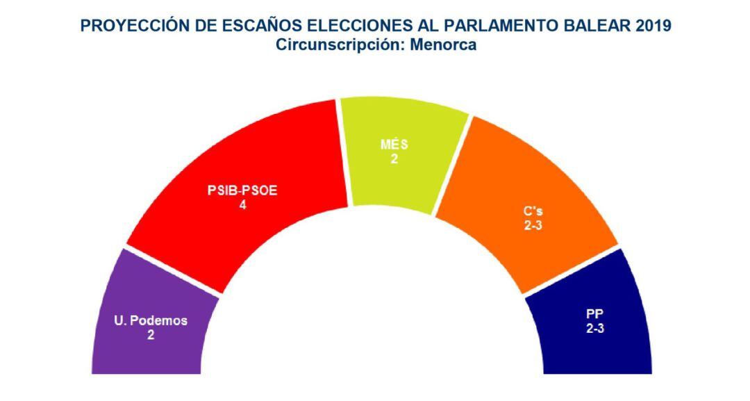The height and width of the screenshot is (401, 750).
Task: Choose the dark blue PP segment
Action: pyautogui.click(x=611, y=347)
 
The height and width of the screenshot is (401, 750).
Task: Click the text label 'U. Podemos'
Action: pyautogui.click(x=151, y=320)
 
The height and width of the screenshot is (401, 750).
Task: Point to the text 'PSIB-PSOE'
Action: pyautogui.click(x=242, y=192)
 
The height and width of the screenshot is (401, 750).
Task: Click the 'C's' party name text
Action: pyautogui.click(x=534, y=211)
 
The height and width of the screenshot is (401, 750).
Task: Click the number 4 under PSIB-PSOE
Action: pyautogui.click(x=242, y=206)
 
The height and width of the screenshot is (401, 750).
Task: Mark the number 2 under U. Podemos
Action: pyautogui.click(x=150, y=334)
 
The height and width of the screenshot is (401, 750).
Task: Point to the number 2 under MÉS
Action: pyautogui.click(x=394, y=159)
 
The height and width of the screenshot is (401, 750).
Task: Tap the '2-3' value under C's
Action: pyautogui.click(x=534, y=225)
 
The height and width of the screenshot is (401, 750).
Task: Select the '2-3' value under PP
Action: pyautogui.click(x=595, y=329)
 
